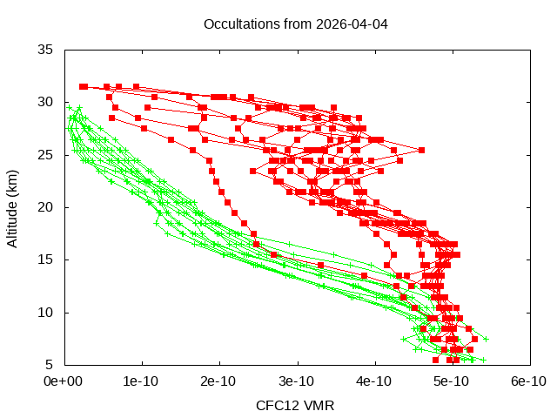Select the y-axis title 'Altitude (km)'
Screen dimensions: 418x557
coord(13,207)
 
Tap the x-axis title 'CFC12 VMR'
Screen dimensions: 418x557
coord(295,406)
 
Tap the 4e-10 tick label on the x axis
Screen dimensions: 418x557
coord(373,381)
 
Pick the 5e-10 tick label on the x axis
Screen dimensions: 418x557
coord(451,381)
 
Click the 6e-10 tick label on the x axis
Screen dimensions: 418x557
coord(528,381)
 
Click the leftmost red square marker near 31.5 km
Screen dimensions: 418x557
coord(83,86)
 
